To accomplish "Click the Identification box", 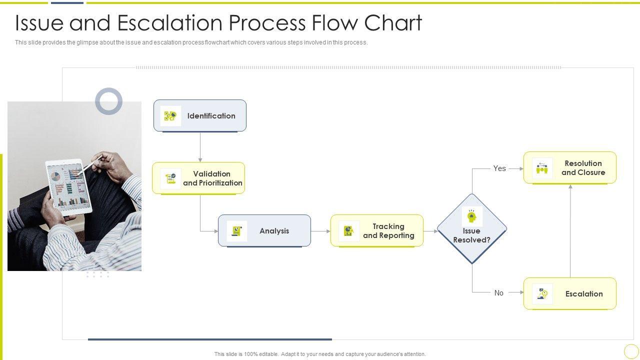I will [x=200, y=115].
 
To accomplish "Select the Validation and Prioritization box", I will [x=198, y=178].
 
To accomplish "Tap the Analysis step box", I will [x=264, y=230].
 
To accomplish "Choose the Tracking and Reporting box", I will [x=377, y=230].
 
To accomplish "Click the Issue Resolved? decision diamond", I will [x=471, y=235].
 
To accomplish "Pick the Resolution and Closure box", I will [x=570, y=167].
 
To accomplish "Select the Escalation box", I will [x=570, y=293].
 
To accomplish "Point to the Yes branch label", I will [x=499, y=168].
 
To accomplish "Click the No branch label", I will [x=499, y=293].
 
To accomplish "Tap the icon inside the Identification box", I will [x=170, y=116].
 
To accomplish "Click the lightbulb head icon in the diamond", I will [x=471, y=216].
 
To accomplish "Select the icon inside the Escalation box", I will [x=542, y=294].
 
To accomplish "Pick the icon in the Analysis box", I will [x=236, y=231].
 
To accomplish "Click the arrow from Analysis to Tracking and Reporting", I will [x=320, y=231].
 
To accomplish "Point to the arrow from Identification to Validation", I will [x=200, y=147].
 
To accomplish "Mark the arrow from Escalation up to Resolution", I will [x=570, y=230].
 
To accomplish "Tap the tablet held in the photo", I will [x=69, y=186].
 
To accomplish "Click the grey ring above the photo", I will [x=108, y=101].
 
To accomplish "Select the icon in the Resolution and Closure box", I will [x=542, y=168].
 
